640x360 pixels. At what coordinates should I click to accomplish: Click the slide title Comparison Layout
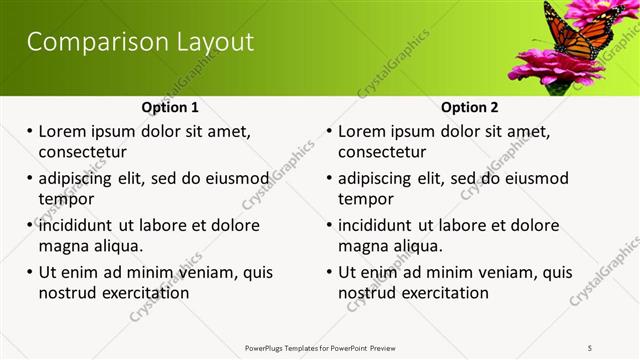point(140,42)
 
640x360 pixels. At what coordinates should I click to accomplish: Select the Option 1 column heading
point(170,107)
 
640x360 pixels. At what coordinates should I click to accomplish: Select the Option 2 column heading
point(470,107)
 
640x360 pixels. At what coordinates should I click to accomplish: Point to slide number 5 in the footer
point(590,348)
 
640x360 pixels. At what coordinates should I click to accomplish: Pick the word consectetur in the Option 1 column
point(82,152)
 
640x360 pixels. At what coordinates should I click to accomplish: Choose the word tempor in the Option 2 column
point(366,198)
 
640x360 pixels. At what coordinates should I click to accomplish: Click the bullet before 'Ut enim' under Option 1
point(30,272)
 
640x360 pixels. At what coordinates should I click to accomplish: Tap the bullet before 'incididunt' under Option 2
point(330,225)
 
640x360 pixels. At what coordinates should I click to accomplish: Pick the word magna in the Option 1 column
point(65,246)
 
